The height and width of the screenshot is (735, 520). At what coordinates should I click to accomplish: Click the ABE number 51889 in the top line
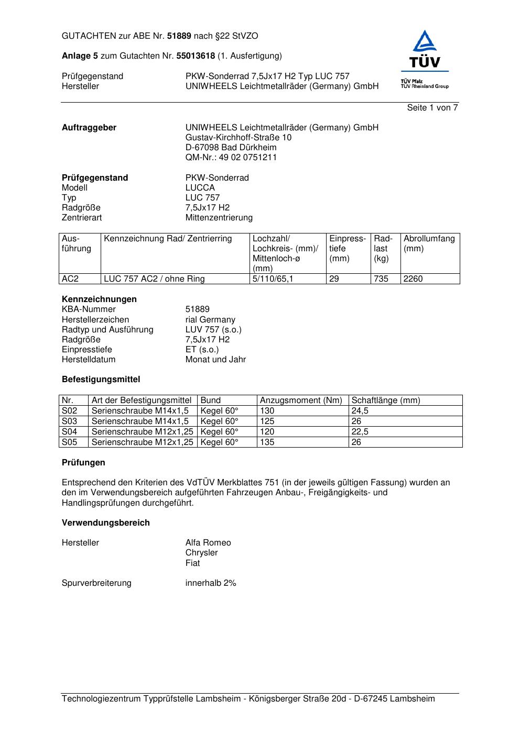(179, 36)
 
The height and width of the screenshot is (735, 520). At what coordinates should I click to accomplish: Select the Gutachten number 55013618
(196, 56)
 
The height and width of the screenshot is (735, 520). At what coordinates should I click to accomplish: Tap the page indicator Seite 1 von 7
(432, 108)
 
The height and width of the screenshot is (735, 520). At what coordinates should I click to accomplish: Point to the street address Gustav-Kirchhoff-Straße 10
(238, 138)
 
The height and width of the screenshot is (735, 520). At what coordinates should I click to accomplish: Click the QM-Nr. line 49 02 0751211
(231, 158)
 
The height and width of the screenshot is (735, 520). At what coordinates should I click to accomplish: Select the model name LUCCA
(200, 188)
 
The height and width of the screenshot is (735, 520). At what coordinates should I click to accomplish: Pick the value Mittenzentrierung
(219, 218)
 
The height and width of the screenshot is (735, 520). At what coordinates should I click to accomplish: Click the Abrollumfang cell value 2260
(413, 279)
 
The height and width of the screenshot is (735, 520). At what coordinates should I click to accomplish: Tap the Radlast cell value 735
(381, 279)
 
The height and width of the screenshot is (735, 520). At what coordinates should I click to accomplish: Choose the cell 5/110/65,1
(273, 279)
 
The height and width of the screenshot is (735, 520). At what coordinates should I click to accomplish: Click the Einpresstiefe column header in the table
(348, 249)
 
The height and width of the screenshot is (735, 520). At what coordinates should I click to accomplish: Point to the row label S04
(69, 432)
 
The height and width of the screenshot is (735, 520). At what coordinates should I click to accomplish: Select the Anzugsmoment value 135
(267, 442)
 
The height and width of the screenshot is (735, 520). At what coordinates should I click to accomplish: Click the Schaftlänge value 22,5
(360, 432)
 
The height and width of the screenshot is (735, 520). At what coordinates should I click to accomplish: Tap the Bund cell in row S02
(219, 411)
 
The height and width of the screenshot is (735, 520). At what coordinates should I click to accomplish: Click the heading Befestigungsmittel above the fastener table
(101, 380)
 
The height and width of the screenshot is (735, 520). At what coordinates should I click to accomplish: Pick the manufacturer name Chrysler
(201, 553)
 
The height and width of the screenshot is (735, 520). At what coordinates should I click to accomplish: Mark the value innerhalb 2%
(210, 583)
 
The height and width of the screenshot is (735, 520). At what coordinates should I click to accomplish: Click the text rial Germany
(210, 320)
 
